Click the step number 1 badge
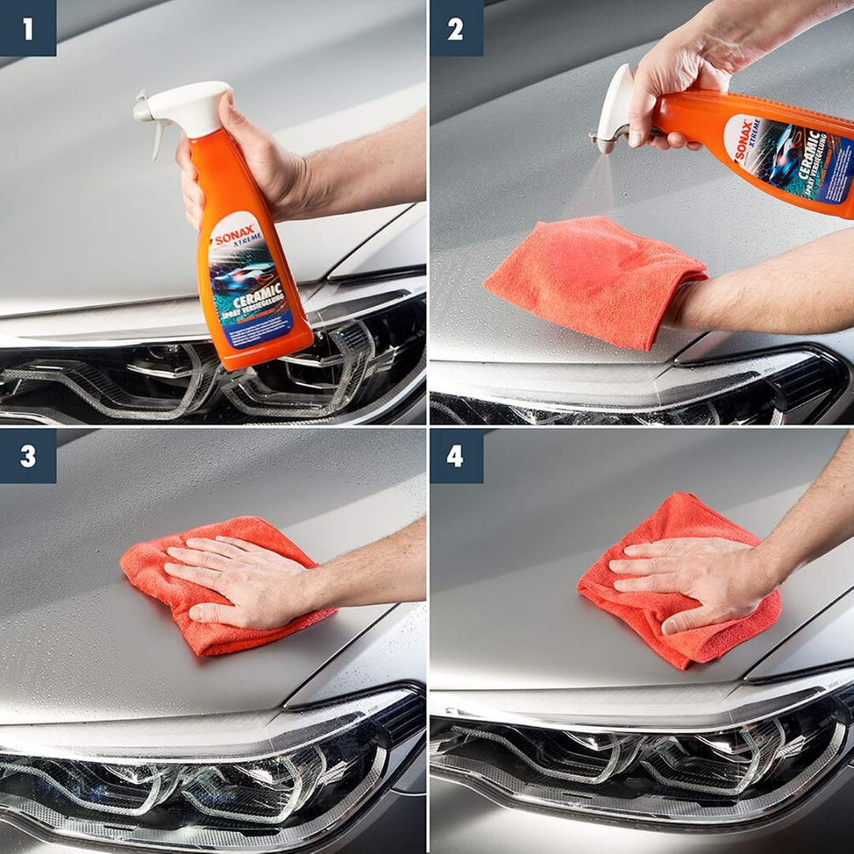(x=28, y=28)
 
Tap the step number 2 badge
(x=456, y=28)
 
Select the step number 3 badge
(x=28, y=456)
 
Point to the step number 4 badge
(x=456, y=456)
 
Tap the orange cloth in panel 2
(x=593, y=281)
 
